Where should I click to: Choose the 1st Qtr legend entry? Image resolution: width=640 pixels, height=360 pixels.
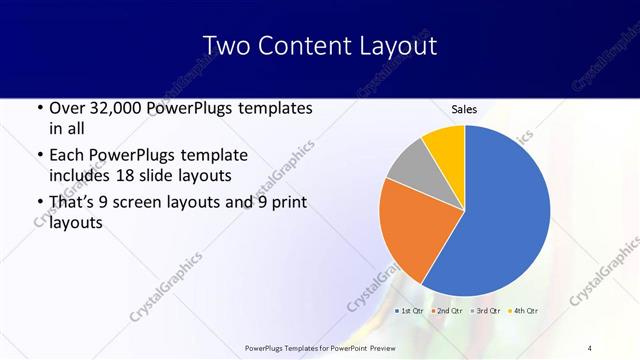point(410,310)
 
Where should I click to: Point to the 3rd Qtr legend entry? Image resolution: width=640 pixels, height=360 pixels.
point(488,310)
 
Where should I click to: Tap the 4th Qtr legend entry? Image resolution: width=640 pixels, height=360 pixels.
point(527,310)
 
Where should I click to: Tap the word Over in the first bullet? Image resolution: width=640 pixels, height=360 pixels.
point(66,108)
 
